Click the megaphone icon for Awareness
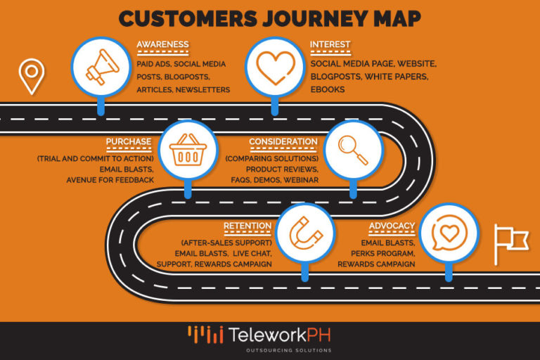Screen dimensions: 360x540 (x=101, y=68)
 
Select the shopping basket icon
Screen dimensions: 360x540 (x=187, y=150)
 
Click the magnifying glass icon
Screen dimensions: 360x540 (x=353, y=150)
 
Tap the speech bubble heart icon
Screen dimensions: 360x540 (x=450, y=233)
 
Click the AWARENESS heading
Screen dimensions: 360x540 (x=162, y=44)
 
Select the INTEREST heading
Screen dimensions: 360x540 (x=330, y=44)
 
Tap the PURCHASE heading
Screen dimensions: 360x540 (x=129, y=141)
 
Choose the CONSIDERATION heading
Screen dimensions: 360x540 (x=283, y=141)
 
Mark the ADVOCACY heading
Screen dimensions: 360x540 (x=392, y=226)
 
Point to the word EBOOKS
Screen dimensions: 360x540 (x=327, y=90)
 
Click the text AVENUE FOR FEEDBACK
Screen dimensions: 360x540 (x=110, y=180)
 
